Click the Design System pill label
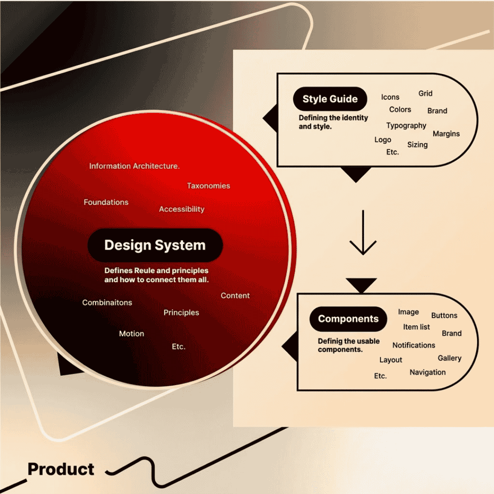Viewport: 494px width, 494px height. pos(155,245)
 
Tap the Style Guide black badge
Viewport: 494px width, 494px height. pos(330,99)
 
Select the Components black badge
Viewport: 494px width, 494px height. pos(348,319)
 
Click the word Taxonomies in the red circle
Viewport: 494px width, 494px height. pos(209,186)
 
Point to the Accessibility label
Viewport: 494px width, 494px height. pos(182,209)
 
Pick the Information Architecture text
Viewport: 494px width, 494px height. pos(134,166)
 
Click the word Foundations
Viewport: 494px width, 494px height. pos(106,202)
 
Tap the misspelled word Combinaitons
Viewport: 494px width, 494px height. pos(107,302)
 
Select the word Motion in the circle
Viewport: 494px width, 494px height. pos(132,333)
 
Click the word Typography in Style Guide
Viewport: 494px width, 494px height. pos(406,126)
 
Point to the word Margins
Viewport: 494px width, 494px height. pos(446,134)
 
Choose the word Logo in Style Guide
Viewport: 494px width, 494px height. pos(383,140)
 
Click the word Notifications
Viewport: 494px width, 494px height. pos(413,345)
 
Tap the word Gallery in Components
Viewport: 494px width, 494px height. pos(450,358)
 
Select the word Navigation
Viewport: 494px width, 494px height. pos(428,372)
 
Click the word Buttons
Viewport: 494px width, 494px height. pos(444,315)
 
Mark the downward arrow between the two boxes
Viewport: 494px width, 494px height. pos(363,232)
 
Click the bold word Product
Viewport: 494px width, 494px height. pos(61,469)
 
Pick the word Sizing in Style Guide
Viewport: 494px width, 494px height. pos(418,145)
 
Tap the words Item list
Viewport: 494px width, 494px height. pos(417,327)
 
